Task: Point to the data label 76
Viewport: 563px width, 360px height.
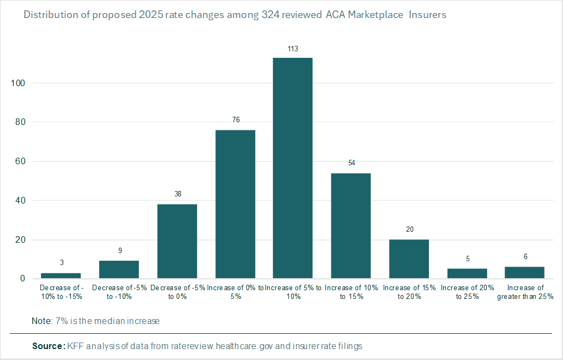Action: click(235, 120)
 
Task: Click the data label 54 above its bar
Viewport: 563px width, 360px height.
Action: click(351, 163)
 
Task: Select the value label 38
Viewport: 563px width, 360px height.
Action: click(177, 194)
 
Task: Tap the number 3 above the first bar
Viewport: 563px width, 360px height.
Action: click(62, 263)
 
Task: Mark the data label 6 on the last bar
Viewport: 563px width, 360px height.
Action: click(525, 257)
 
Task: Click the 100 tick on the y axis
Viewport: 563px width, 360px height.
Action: click(18, 83)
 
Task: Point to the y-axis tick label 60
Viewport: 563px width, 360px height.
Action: click(20, 161)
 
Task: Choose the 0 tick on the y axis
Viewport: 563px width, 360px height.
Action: click(22, 279)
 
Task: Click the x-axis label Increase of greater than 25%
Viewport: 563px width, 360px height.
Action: click(525, 292)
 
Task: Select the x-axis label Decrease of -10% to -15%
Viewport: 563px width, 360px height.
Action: click(62, 292)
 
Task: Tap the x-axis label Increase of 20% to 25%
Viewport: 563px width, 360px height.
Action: click(467, 292)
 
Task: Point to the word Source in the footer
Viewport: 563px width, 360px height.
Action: click(48, 346)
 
